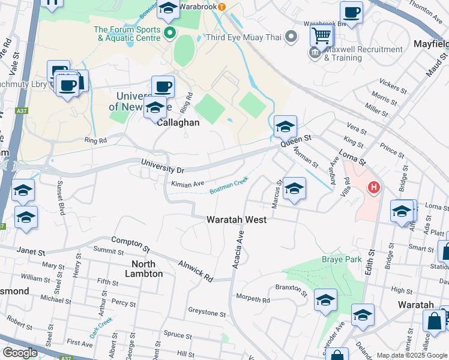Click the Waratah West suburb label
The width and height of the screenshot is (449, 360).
(x=237, y=220)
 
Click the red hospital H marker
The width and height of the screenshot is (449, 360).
(x=374, y=188)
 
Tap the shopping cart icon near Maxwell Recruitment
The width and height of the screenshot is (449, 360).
(x=322, y=35)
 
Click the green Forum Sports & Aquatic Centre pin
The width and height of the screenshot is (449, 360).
(x=170, y=33)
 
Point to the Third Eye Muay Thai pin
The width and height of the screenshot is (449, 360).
(x=291, y=37)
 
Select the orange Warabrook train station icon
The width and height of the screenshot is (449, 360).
(x=221, y=7)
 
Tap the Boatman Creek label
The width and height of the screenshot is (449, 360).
(x=229, y=185)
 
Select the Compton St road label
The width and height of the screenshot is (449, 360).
(x=130, y=244)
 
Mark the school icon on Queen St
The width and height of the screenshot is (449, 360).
(x=285, y=127)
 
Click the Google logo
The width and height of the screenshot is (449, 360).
(x=20, y=353)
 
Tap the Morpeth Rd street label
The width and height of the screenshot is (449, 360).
(x=253, y=299)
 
